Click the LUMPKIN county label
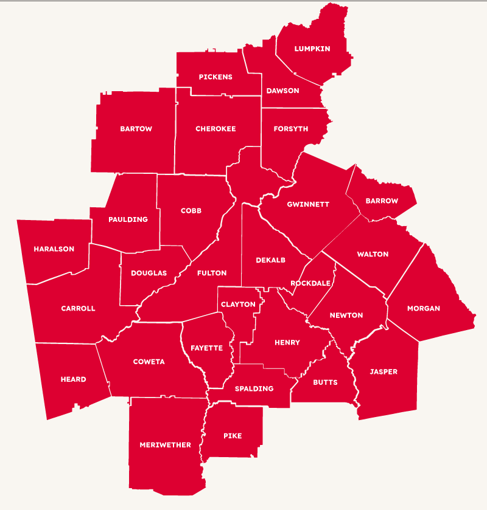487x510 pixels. tap(312, 49)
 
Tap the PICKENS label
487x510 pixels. tap(215, 77)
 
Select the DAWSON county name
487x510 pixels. tap(282, 91)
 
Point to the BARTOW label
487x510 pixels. tap(136, 129)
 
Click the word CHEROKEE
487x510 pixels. tap(215, 129)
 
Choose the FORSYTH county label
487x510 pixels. tap(291, 129)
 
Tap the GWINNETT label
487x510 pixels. tap(308, 204)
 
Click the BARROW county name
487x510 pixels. tap(382, 201)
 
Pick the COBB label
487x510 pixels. tap(191, 211)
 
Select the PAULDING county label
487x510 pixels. tap(128, 219)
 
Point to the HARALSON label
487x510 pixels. tap(54, 249)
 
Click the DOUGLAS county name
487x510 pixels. tap(149, 274)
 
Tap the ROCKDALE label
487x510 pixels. tap(310, 283)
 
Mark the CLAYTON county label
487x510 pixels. tap(238, 305)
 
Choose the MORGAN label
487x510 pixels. tap(424, 308)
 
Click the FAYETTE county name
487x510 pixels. tap(206, 348)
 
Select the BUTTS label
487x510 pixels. tap(325, 382)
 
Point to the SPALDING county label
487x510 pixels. tap(254, 388)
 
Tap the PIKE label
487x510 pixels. tap(233, 436)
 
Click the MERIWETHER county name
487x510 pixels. tap(165, 445)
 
